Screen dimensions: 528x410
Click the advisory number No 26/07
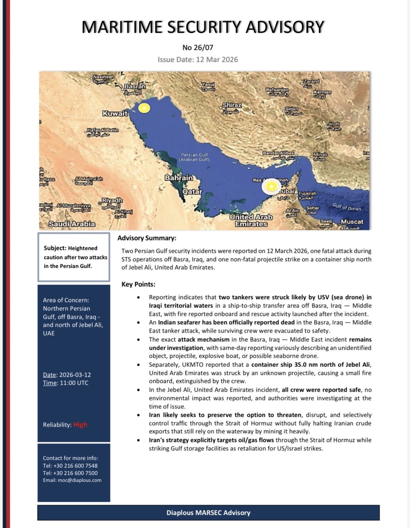(198, 47)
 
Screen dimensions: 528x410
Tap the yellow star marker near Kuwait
(144, 108)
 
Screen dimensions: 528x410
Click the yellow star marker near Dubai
(271, 187)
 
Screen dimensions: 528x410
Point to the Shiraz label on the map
(232, 105)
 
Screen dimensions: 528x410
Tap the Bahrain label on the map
(179, 178)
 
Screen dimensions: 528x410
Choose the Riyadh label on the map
(112, 200)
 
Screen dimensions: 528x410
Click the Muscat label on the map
(352, 222)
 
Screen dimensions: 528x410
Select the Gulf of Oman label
(347, 207)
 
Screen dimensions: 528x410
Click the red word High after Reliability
(80, 425)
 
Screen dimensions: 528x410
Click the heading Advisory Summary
(147, 238)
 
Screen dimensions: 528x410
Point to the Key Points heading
(138, 284)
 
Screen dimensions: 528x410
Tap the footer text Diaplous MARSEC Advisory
(208, 513)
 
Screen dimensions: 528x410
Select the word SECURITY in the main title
(203, 27)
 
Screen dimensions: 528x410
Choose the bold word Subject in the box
(55, 248)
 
